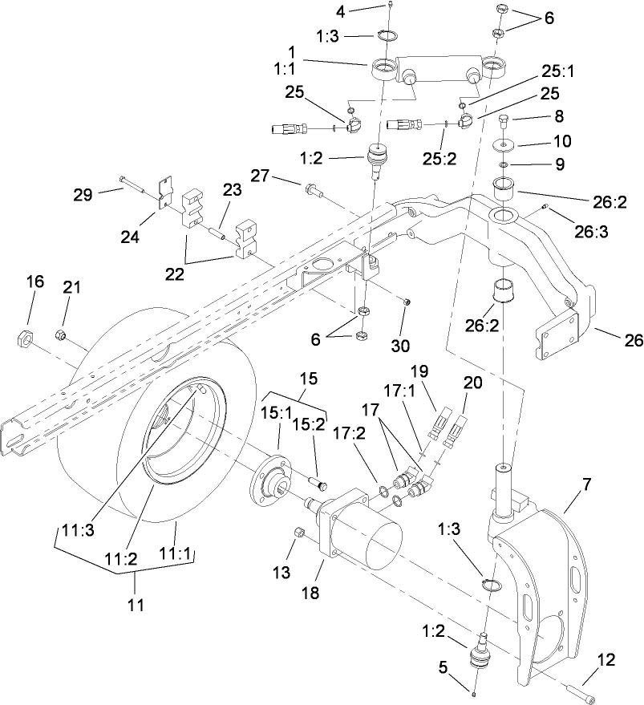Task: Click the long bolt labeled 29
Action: pyautogui.click(x=137, y=185)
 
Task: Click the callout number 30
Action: pyautogui.click(x=401, y=346)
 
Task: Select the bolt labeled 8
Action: pyautogui.click(x=504, y=123)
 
